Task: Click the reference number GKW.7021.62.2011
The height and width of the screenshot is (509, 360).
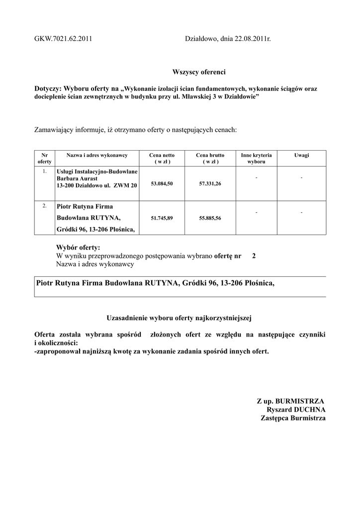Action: pos(63,38)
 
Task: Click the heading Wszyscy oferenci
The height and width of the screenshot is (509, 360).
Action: pos(198,72)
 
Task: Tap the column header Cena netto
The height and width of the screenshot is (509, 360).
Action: pos(162,156)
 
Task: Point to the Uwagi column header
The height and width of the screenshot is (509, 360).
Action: pos(301,156)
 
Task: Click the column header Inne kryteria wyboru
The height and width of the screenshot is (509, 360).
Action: pos(256,159)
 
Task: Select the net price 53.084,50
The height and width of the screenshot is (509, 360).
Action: pos(162,184)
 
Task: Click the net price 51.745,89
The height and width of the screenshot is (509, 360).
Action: pos(162,218)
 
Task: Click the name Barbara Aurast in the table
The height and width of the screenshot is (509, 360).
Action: pos(77,178)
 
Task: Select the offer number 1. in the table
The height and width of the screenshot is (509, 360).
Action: pos(45,171)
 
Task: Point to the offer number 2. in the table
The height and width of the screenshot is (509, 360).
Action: pos(45,205)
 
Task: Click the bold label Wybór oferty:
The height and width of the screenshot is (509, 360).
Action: pos(79,248)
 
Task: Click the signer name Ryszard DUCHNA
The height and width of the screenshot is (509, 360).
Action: pos(296,410)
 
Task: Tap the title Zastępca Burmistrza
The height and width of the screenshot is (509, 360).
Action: pos(293,419)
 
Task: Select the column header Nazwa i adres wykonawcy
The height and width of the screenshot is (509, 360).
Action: pos(97,156)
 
